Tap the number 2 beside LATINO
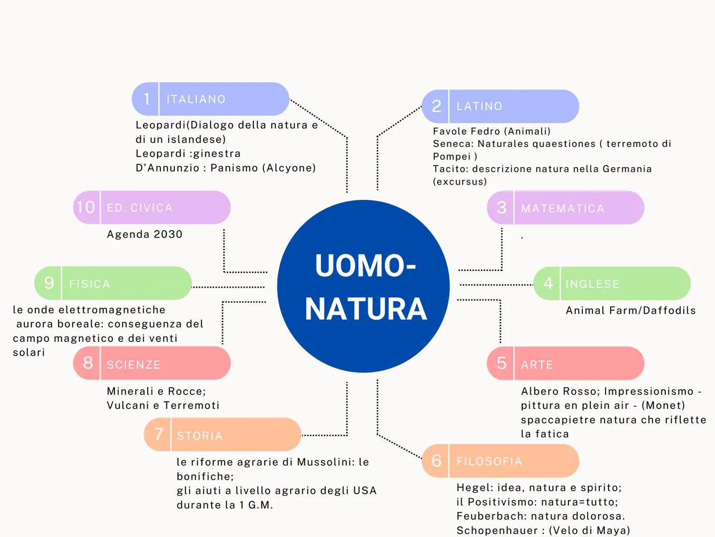coord(436,106)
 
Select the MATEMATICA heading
coord(562,208)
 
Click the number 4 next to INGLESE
coord(548,283)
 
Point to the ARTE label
coord(537,364)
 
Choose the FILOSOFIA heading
coord(489,461)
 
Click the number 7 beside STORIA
coord(159,435)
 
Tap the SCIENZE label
coord(134,364)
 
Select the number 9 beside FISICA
coord(49,283)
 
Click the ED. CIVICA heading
coord(140,208)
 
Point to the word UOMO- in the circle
coord(365,266)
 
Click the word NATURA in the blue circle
coord(366,309)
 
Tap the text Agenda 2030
coord(145,234)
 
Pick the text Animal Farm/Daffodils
coord(631,310)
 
